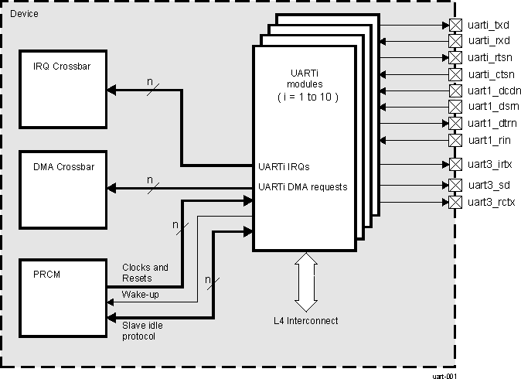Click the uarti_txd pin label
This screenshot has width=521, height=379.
(489, 25)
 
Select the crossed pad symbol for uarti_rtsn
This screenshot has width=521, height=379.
(455, 57)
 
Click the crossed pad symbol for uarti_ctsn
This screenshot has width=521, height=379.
(455, 74)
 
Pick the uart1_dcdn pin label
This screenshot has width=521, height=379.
(492, 90)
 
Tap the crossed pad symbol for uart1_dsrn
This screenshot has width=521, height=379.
(455, 106)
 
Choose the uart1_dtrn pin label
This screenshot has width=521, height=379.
(491, 124)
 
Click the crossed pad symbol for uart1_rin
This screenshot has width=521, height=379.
(455, 140)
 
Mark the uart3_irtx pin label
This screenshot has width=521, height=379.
(489, 164)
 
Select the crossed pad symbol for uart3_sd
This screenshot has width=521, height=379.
(455, 185)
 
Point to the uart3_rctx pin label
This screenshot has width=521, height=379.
(491, 203)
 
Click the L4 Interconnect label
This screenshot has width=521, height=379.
(305, 320)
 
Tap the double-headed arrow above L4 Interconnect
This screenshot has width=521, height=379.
(305, 282)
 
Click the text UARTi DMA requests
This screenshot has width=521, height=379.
(302, 186)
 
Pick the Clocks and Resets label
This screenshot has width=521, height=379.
(145, 272)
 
